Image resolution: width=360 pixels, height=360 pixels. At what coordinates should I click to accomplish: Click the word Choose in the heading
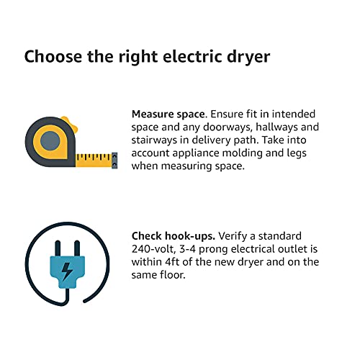53,57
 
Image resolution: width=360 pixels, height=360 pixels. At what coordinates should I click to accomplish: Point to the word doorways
228,127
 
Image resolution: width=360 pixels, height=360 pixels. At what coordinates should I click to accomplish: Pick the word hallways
277,127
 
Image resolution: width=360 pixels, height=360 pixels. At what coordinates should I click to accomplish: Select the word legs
297,153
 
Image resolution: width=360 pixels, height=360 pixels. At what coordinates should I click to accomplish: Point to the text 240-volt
153,249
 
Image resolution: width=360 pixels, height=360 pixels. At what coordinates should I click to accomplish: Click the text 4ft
172,262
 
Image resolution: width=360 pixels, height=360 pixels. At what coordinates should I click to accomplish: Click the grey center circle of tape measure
50,141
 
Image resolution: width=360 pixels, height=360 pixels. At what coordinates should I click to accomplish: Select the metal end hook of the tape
114,161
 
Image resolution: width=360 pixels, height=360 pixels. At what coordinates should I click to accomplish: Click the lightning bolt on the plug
67,271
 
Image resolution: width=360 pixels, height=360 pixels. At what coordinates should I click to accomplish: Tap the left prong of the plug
58,248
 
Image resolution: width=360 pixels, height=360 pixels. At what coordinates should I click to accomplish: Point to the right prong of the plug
77,248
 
